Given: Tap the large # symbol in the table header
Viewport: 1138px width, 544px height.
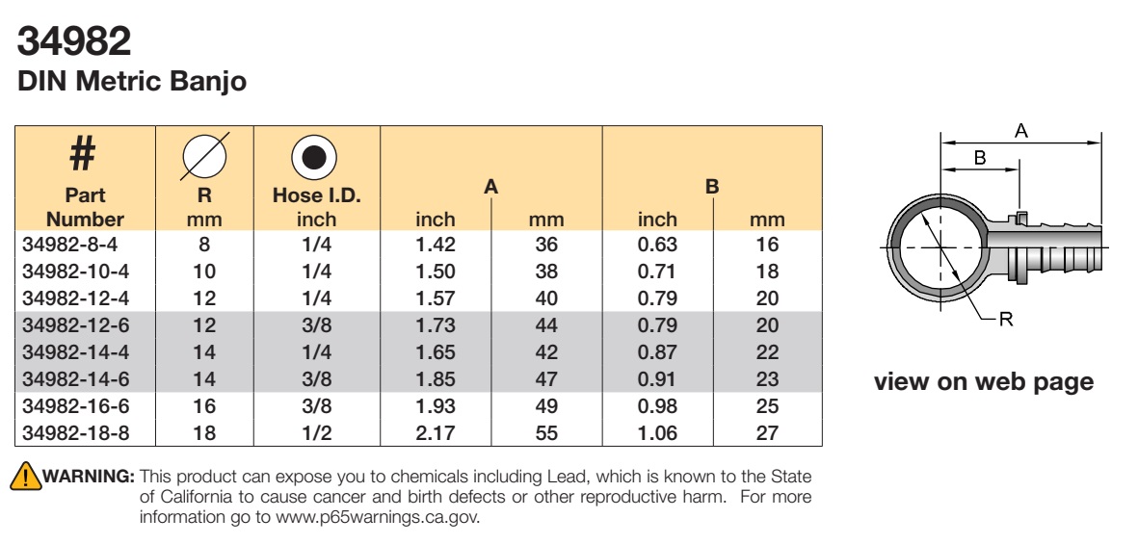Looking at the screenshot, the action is click(82, 154).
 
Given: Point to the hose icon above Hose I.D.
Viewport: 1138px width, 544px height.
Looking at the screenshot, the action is click(313, 157).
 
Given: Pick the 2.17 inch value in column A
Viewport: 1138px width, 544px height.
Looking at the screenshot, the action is click(436, 433).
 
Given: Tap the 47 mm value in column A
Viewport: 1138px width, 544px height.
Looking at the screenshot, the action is click(545, 379).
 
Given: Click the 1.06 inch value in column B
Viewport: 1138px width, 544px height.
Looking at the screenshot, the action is click(657, 433).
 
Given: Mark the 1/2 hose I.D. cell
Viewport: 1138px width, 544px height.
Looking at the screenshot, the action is click(316, 433).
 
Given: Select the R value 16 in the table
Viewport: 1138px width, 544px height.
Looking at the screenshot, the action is click(204, 406).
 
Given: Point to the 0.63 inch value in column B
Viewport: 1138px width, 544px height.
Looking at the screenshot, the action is click(657, 245).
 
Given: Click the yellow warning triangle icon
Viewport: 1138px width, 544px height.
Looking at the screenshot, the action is click(25, 475).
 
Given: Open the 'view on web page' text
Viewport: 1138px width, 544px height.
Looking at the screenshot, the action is click(984, 381).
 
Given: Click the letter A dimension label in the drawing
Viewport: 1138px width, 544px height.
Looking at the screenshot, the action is click(1021, 131).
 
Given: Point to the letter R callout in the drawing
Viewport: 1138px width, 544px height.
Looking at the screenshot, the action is click(1006, 319).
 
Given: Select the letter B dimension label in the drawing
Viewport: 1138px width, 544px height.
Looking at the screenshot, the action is click(980, 158).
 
